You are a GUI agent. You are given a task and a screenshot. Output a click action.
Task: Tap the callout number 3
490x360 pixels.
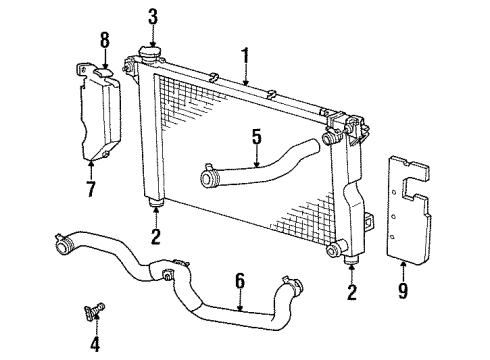click(154, 16)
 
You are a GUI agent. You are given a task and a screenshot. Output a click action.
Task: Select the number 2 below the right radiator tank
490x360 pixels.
click(350, 295)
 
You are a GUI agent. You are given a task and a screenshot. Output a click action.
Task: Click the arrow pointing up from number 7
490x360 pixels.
click(92, 165)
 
